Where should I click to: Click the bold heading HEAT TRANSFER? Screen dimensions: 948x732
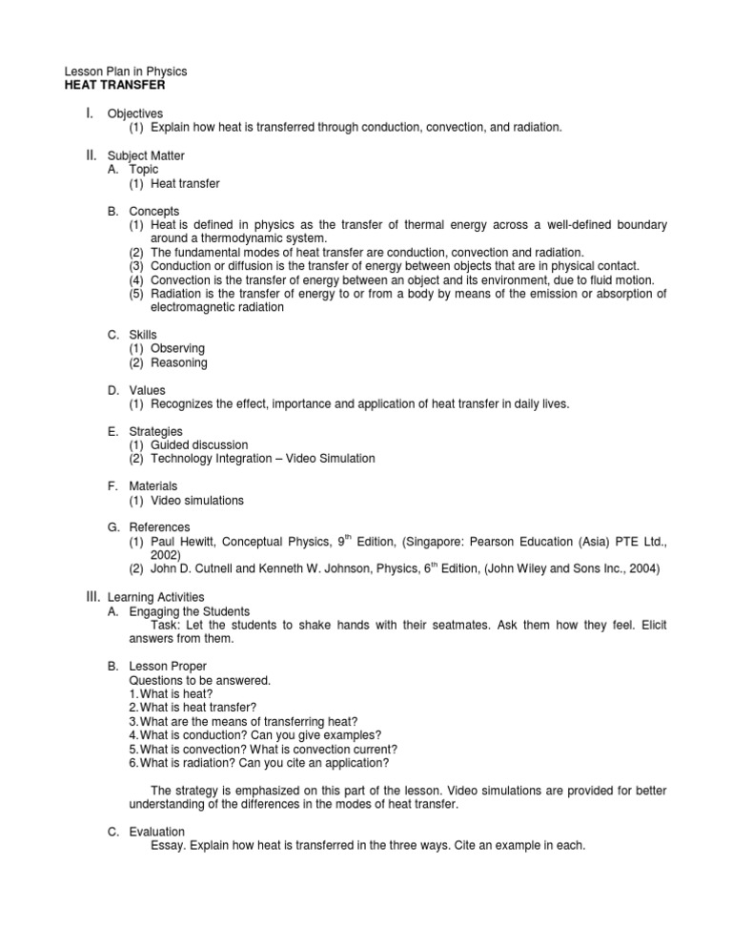tap(107, 85)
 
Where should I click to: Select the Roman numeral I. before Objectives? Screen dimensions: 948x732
tap(89, 113)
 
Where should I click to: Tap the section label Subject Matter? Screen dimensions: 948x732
tap(146, 155)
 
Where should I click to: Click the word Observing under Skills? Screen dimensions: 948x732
tap(177, 349)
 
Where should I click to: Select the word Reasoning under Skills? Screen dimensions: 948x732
tap(178, 362)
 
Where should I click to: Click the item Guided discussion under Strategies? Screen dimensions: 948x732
tap(199, 445)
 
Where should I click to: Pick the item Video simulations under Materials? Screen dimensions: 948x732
tap(196, 501)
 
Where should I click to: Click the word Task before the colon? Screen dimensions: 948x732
tap(166, 625)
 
